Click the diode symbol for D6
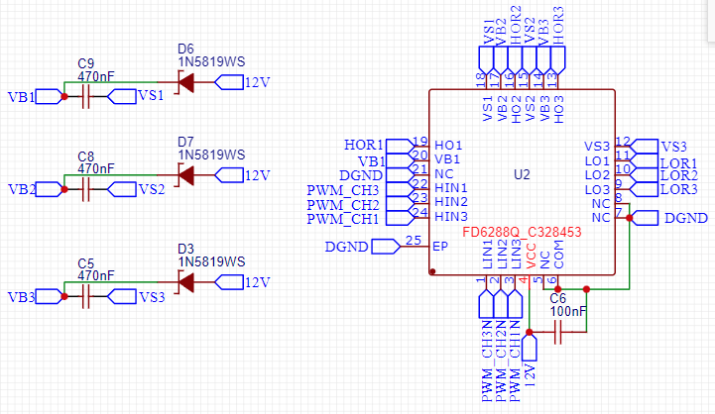click(x=185, y=82)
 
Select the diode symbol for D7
click(x=185, y=175)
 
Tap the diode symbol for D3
click(x=185, y=282)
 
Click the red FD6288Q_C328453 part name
click(x=522, y=233)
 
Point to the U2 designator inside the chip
click(x=522, y=174)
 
